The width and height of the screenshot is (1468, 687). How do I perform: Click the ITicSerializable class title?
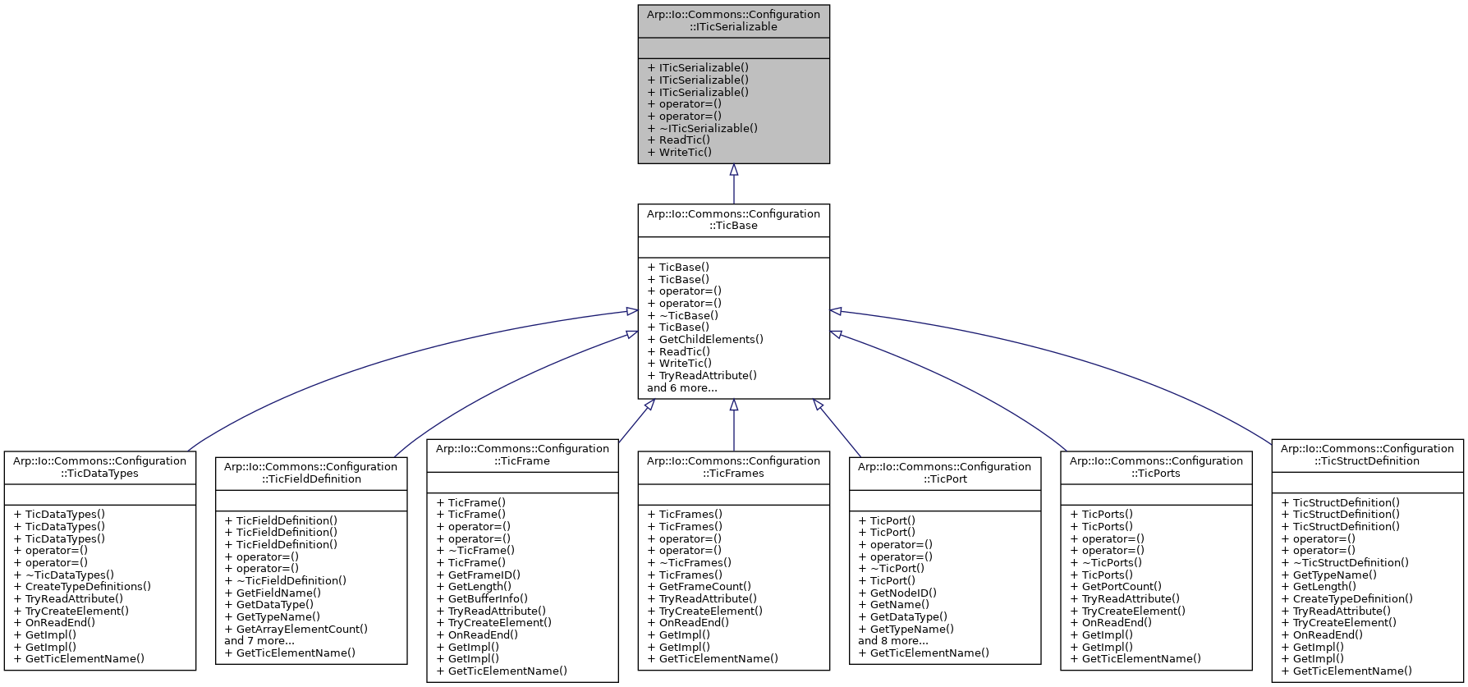(x=733, y=21)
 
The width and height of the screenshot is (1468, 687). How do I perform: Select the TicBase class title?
(x=733, y=220)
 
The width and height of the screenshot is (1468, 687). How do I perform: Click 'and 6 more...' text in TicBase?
(x=681, y=387)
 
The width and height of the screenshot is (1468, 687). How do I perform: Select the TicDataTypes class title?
(x=99, y=467)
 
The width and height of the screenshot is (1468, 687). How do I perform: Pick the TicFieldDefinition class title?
(x=311, y=473)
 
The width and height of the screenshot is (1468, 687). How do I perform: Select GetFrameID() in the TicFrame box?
(x=484, y=575)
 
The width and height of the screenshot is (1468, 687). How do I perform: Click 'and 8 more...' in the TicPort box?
(x=892, y=640)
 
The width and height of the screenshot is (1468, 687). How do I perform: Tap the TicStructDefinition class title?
(x=1367, y=455)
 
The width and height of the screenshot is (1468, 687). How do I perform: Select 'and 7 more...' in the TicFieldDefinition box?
(x=259, y=640)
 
